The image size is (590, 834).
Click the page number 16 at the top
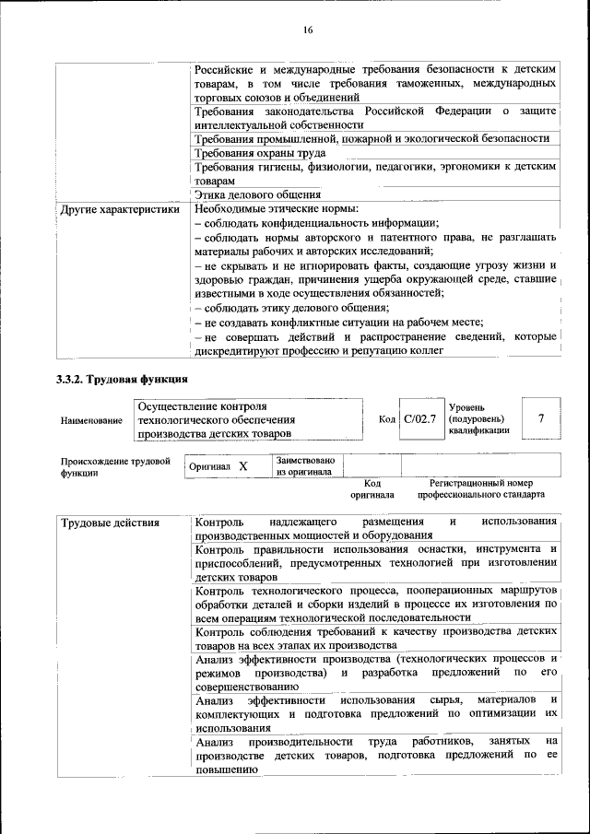coord(308,30)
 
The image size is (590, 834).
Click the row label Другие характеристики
coord(119,209)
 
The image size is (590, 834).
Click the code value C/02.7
coord(419,419)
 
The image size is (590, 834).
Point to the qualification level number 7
coord(541,419)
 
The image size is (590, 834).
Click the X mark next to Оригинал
coord(243,467)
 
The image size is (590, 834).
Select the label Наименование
coord(91,421)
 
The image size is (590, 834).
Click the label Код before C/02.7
coord(387,420)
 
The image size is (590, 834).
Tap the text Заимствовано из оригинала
coord(305,466)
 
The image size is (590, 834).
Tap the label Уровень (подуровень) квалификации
coord(478,418)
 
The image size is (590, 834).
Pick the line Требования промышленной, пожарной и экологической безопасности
coord(372,138)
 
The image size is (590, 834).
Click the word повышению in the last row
coord(225,770)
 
